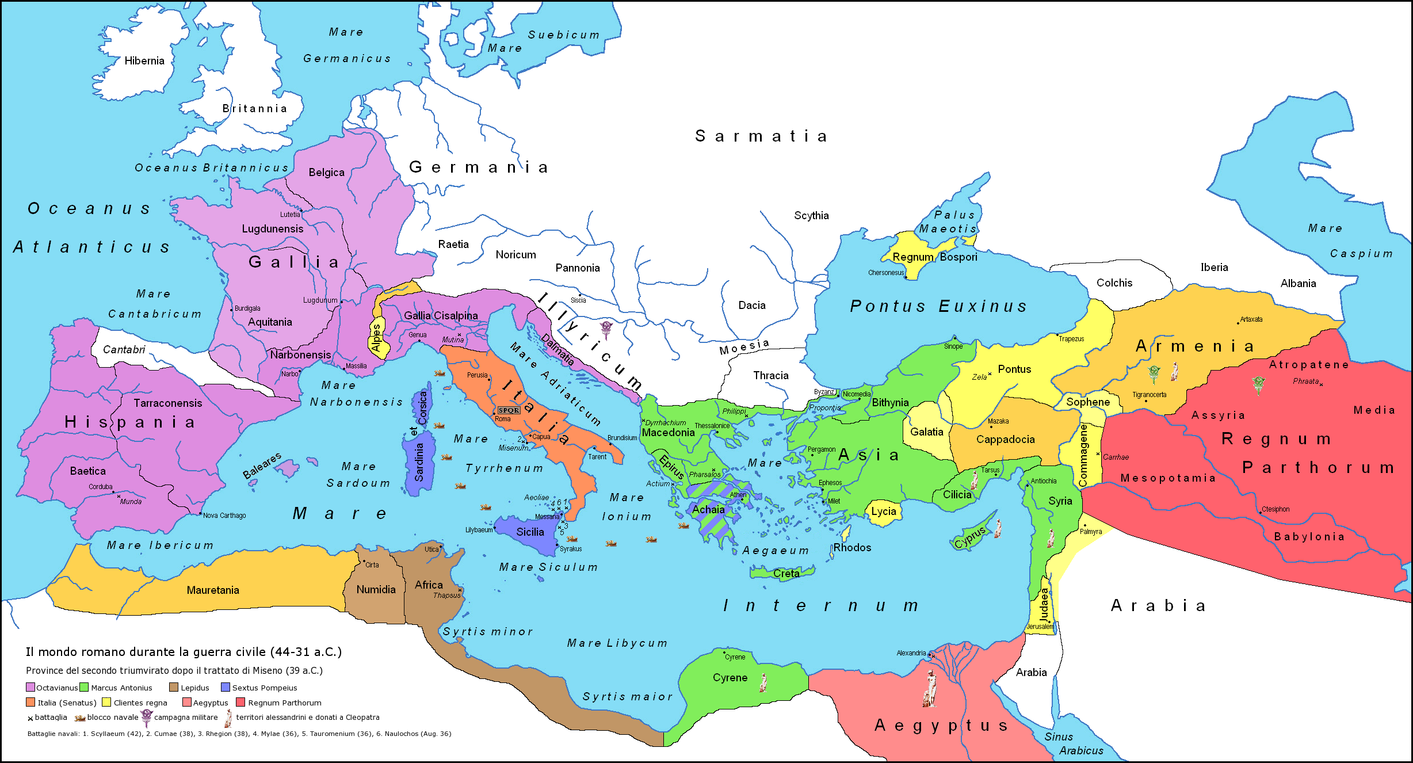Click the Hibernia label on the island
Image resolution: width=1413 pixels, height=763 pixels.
click(144, 61)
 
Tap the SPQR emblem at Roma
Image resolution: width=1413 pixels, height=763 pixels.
click(509, 410)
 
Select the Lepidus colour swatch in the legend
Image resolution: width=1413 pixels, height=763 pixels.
click(173, 687)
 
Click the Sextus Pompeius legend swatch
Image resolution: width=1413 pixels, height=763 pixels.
click(226, 687)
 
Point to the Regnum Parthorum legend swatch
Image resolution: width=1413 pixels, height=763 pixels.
click(241, 702)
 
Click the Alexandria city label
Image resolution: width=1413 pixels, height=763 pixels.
click(911, 653)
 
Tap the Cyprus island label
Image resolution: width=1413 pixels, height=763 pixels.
click(970, 537)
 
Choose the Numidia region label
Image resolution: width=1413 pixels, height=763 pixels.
click(376, 589)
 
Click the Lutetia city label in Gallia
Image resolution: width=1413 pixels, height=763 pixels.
click(290, 215)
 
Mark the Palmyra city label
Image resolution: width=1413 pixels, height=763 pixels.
click(1091, 532)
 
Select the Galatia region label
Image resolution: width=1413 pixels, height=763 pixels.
click(926, 432)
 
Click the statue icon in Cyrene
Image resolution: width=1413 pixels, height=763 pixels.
click(763, 682)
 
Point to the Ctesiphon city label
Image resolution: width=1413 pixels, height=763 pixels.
click(1275, 509)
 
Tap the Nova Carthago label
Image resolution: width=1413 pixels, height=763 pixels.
click(224, 516)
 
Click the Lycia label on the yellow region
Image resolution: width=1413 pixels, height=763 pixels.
click(883, 511)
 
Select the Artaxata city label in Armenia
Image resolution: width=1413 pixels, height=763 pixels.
click(1251, 319)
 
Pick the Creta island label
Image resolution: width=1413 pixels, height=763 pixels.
click(786, 573)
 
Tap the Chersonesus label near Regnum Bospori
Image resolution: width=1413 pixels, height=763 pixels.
click(885, 273)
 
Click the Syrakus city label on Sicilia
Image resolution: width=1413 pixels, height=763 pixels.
click(571, 549)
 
